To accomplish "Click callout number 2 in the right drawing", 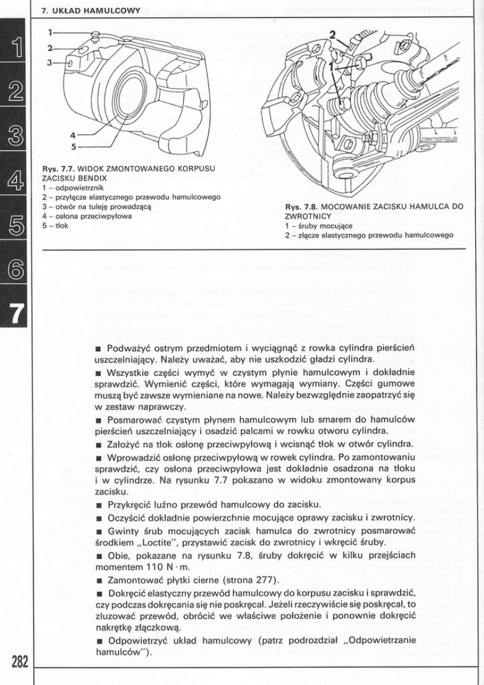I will [332, 34].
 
